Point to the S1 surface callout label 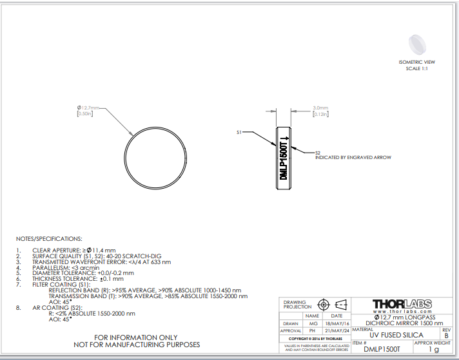(239, 132)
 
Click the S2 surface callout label (317, 153)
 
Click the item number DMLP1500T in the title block (379, 348)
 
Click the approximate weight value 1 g (433, 349)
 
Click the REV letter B (446, 335)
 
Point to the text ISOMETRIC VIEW (417, 62)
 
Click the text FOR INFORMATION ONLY (135, 337)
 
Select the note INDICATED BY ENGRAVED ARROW (353, 157)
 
